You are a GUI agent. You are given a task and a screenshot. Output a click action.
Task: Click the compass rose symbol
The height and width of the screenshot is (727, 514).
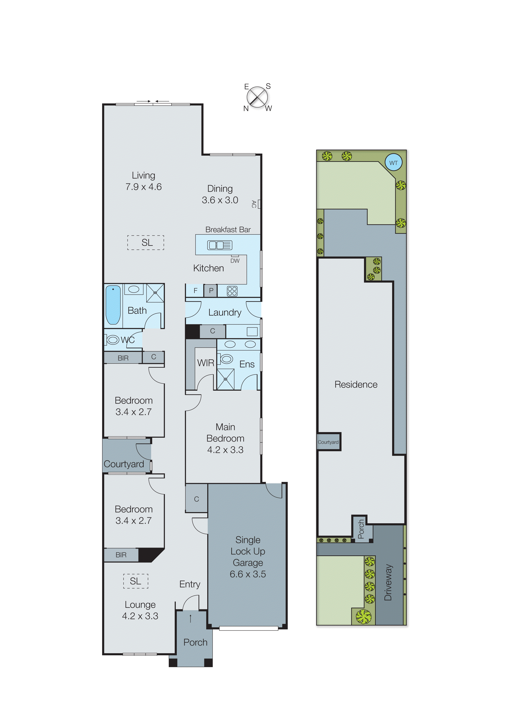point(257,97)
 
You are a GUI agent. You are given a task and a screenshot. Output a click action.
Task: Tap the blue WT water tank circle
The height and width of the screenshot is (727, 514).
point(393,162)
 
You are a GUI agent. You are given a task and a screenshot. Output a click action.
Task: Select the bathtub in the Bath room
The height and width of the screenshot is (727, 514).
point(113,305)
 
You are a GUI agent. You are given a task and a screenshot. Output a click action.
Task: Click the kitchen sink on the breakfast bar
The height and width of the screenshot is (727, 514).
point(219,245)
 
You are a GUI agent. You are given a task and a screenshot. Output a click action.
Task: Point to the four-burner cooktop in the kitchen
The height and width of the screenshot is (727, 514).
point(232,291)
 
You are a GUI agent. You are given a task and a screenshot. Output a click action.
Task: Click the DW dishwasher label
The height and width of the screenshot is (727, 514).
point(235,261)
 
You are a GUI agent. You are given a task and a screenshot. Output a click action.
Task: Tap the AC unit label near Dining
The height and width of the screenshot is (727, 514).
point(254,204)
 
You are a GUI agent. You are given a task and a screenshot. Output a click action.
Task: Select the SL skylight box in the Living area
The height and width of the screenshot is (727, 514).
point(146,242)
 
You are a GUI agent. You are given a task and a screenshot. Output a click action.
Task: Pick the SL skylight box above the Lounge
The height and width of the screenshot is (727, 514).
point(136,581)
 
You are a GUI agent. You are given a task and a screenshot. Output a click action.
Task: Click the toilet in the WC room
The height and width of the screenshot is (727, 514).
point(112,340)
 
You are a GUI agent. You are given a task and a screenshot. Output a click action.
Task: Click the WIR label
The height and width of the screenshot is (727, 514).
point(206,363)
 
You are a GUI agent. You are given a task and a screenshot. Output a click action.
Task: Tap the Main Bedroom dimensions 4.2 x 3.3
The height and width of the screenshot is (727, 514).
point(225,450)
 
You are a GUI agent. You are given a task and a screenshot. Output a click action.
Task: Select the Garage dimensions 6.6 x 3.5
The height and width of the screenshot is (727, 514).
point(248,574)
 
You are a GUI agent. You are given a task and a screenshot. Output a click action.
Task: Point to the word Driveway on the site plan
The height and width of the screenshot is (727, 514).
point(388,582)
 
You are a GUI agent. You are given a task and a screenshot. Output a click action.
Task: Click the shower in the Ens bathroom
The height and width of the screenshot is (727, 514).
point(225,379)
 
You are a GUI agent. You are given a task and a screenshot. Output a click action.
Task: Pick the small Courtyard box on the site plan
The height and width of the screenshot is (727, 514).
point(328,442)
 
